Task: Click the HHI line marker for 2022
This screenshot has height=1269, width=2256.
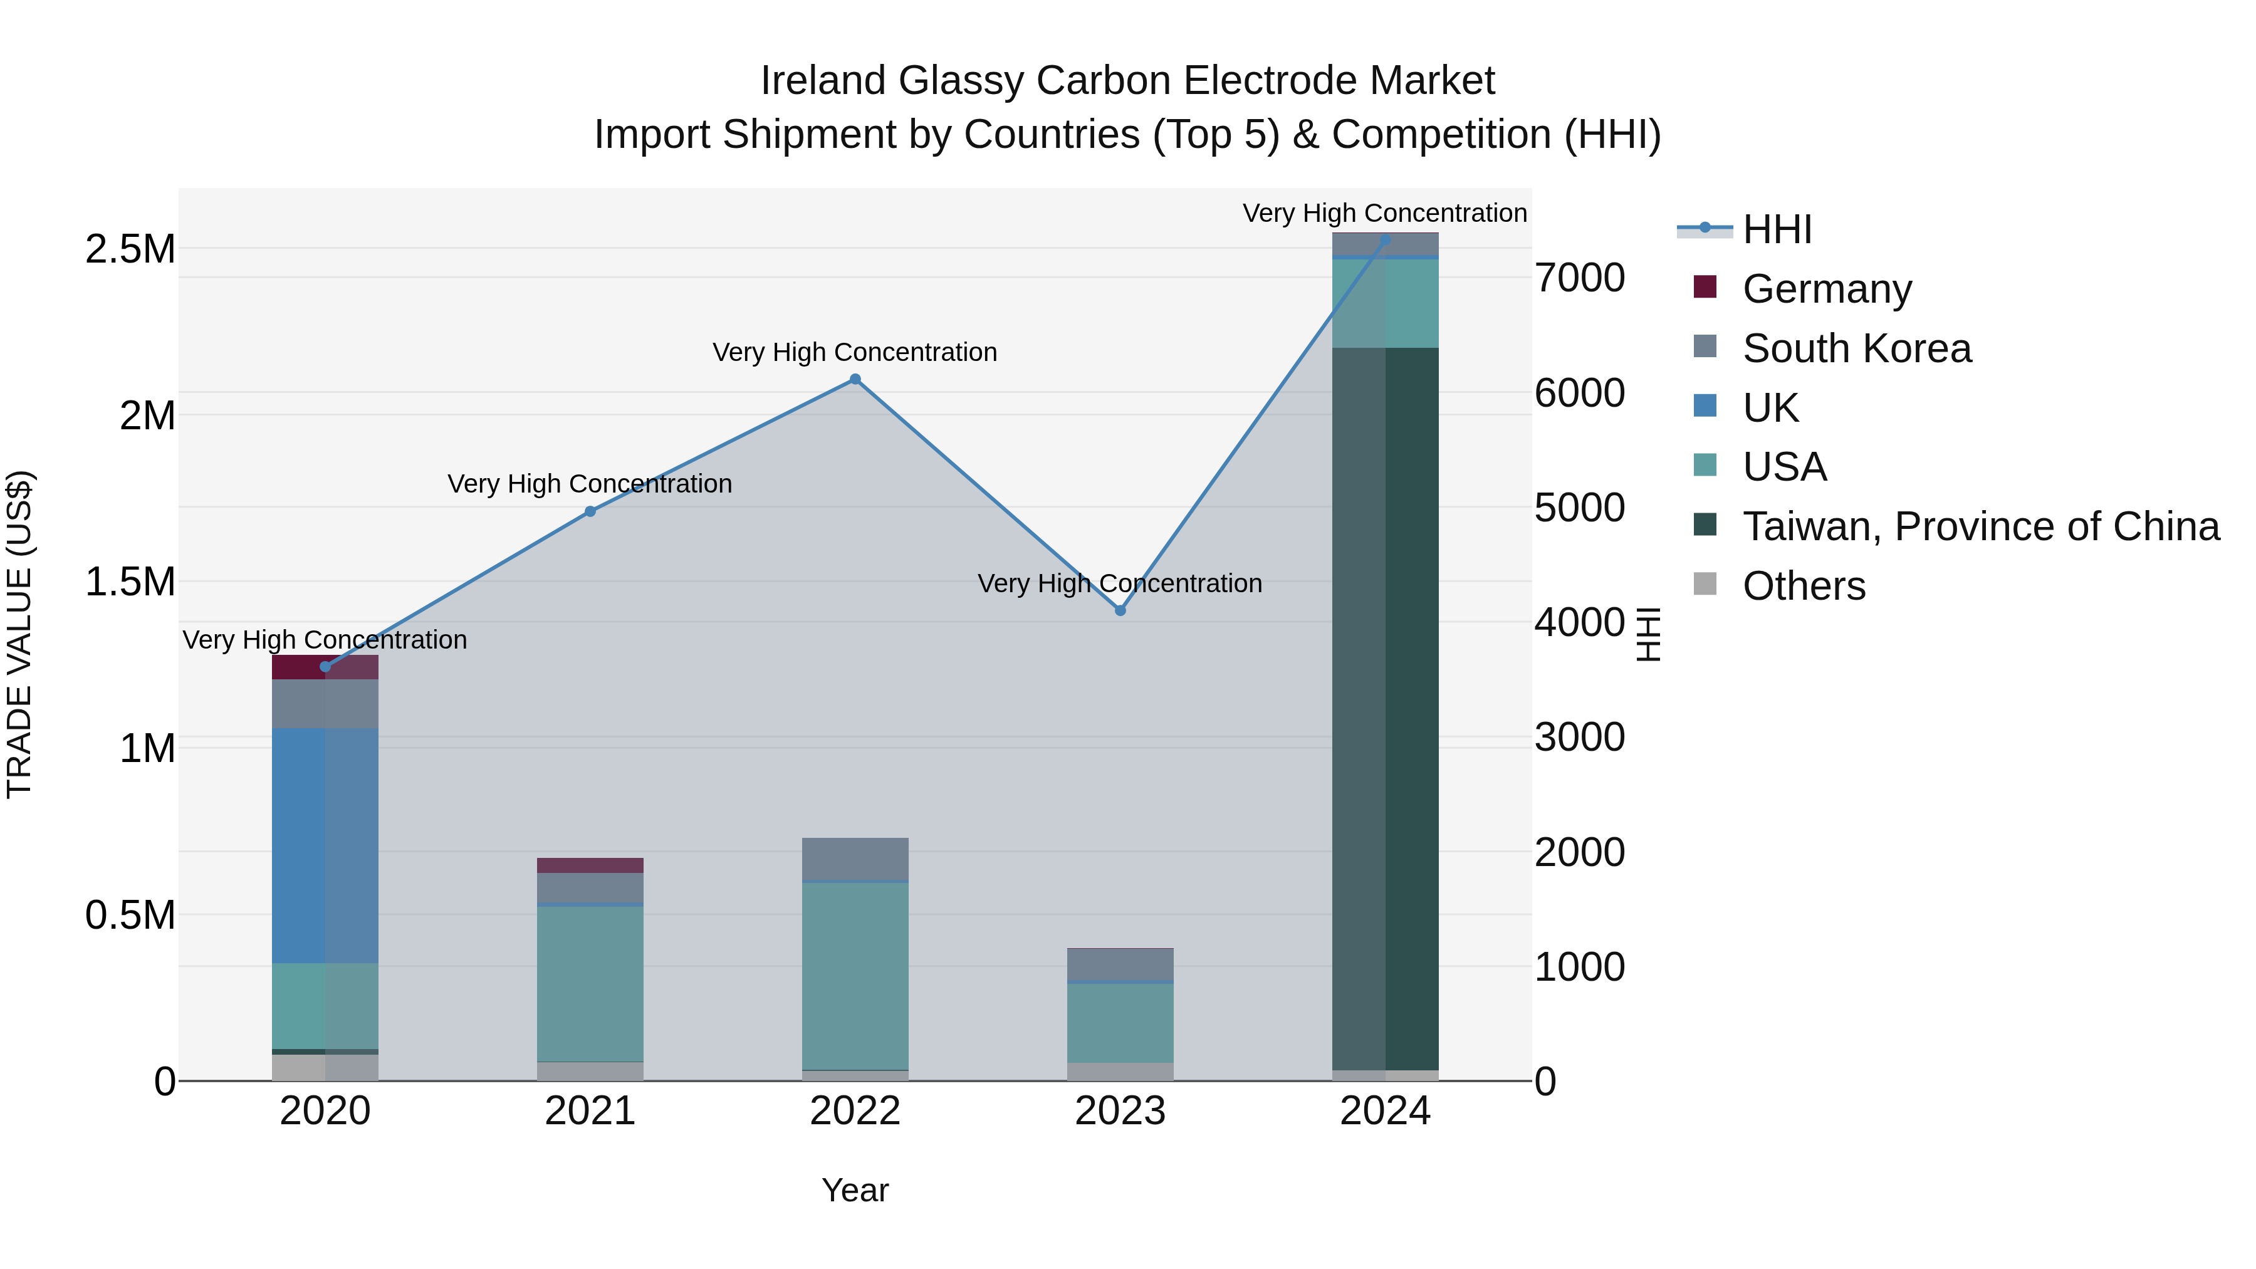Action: (855, 379)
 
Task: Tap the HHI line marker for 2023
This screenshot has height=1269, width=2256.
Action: (1120, 610)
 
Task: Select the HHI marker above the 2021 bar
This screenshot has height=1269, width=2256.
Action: (590, 511)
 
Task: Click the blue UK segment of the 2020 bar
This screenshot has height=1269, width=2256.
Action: (325, 845)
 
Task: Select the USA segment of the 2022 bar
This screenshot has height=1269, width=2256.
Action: (855, 976)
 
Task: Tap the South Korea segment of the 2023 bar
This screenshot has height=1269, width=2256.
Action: (1120, 964)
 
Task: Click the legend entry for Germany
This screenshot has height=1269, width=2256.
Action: (1826, 289)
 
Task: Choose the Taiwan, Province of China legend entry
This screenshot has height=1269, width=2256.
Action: (1980, 526)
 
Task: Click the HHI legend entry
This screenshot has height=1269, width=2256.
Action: (1776, 229)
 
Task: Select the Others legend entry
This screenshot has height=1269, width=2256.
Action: (1803, 586)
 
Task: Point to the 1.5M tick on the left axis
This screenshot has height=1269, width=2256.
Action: (130, 582)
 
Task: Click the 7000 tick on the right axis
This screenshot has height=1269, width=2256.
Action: (1579, 278)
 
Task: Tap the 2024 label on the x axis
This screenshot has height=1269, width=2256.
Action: (1384, 1111)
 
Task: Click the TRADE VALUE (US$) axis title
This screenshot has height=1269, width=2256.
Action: (19, 634)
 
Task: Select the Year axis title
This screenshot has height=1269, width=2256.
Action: (855, 1190)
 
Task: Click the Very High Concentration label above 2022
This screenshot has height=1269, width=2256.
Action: (855, 352)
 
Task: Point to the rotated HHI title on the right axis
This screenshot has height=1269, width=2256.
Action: (1648, 634)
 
